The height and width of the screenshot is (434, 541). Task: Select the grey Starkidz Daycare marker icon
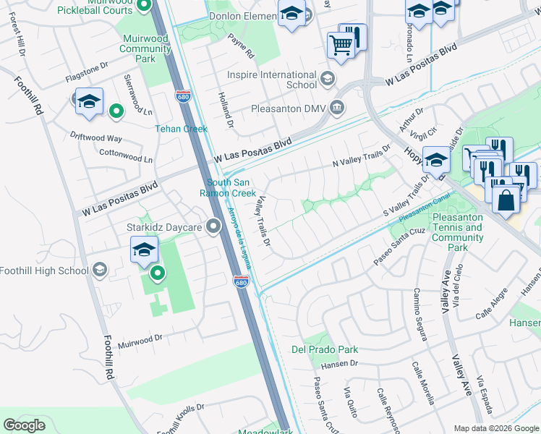click(213, 227)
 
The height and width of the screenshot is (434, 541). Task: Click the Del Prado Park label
click(325, 349)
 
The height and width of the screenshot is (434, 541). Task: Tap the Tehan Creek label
click(182, 129)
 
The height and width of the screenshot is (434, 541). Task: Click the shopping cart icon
click(341, 45)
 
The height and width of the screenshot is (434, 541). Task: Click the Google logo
click(25, 425)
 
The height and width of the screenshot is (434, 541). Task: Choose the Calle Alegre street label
click(494, 310)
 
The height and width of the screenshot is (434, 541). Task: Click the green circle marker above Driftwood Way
click(115, 111)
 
